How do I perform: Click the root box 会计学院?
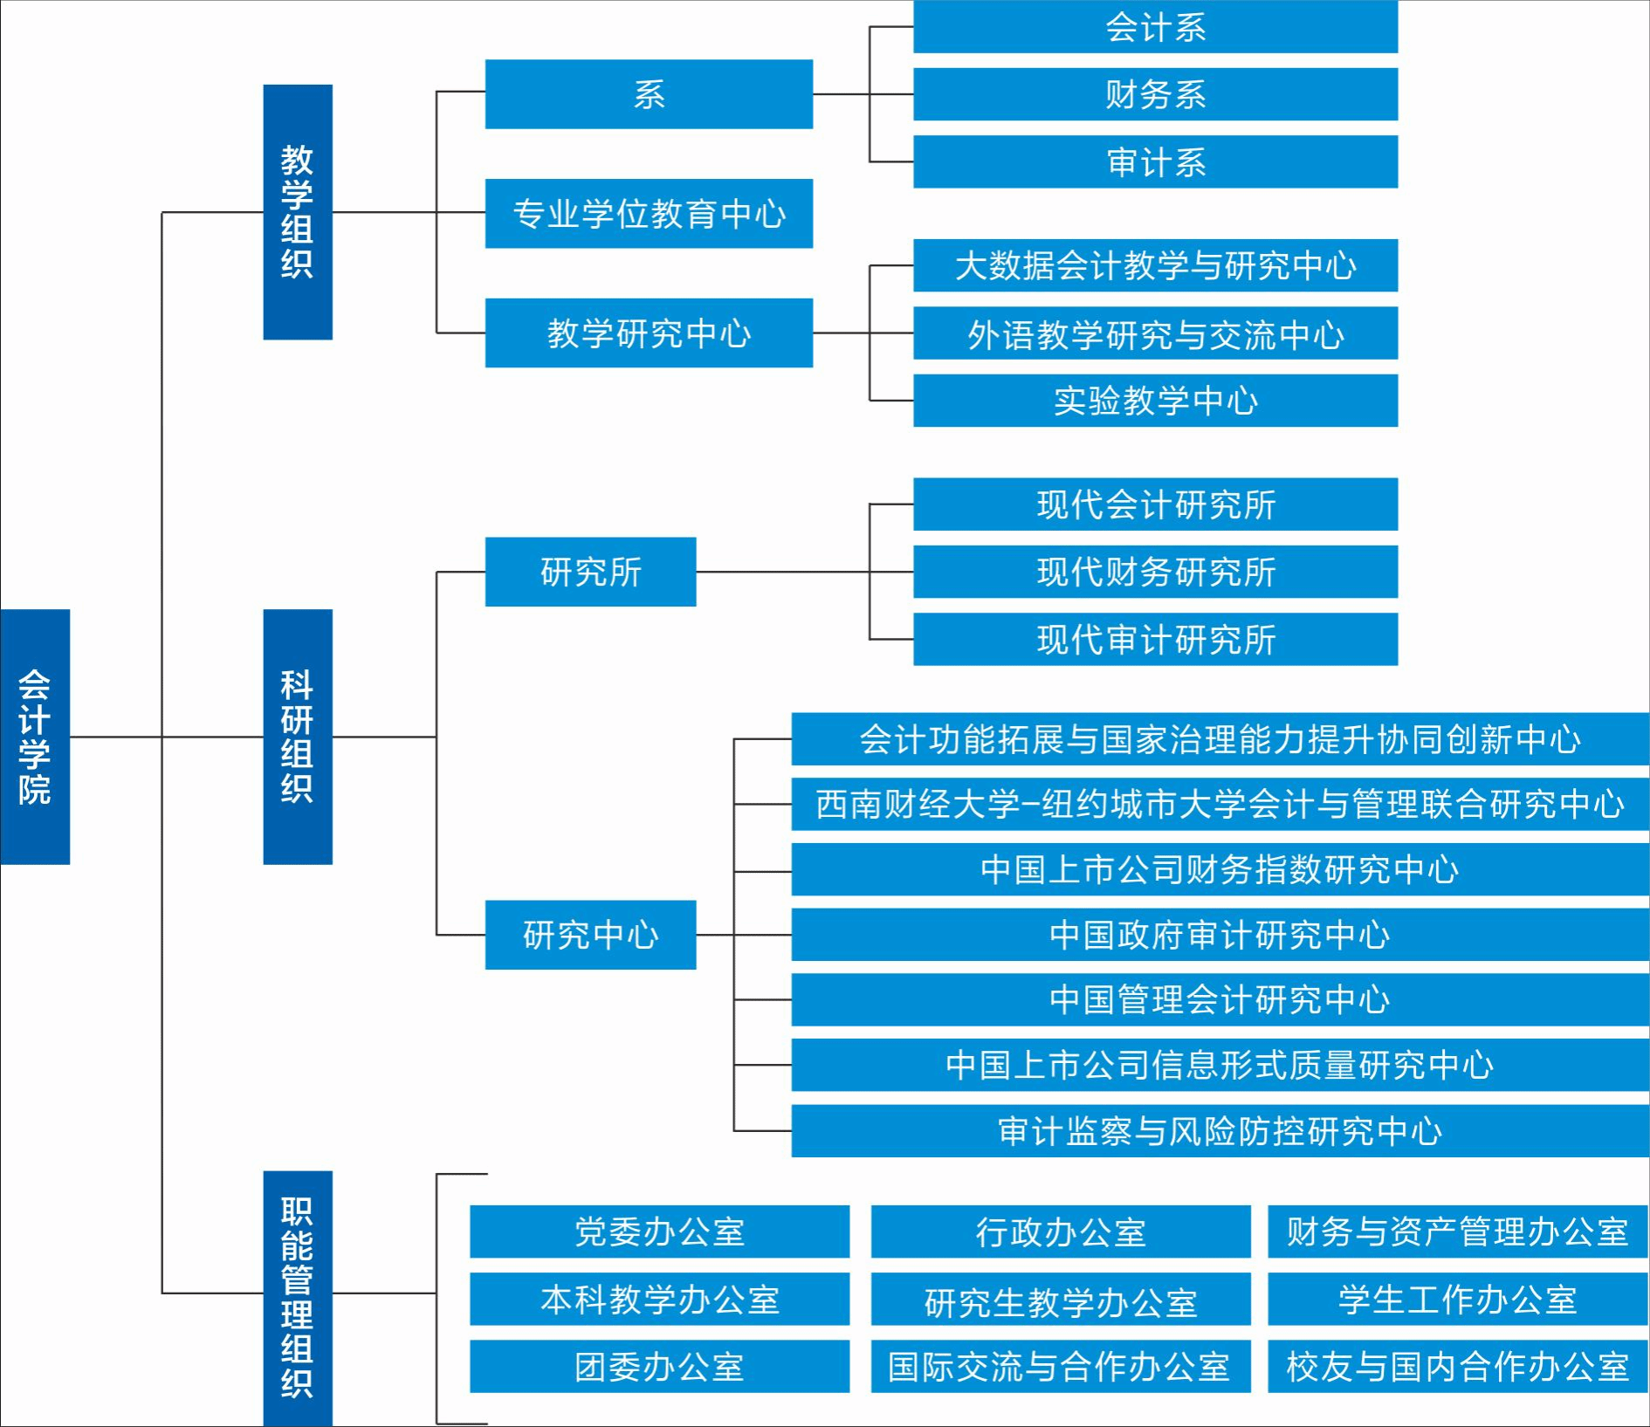coord(35,737)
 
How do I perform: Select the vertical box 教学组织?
coord(298,212)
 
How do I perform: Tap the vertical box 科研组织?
coord(298,737)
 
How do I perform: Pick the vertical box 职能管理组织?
coord(298,1297)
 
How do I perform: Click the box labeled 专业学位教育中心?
coord(649,214)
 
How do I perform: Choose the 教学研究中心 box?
coord(649,333)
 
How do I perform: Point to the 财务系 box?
coord(1155,94)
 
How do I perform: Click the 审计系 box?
coord(1155,161)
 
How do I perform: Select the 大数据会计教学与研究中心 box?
coord(1155,265)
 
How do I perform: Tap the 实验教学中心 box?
coord(1155,401)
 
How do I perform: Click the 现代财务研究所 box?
coord(1155,572)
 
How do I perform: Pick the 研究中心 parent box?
coord(590,935)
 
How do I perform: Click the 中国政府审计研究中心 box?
coord(1220,935)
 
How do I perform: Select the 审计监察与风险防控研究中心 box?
coord(1220,1131)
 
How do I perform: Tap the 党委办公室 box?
coord(659,1231)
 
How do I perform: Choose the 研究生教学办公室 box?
coord(1061,1300)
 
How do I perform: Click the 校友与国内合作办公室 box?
coord(1457,1367)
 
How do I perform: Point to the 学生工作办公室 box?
coord(1457,1300)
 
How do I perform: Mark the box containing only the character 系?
coord(649,94)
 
